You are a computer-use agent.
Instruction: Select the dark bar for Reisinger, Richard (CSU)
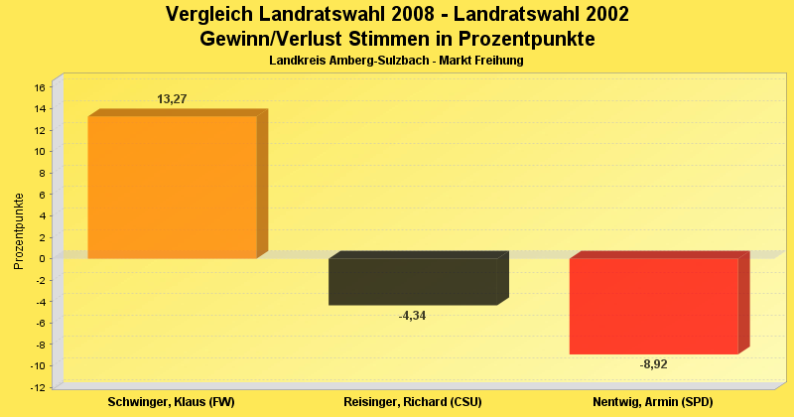click(413, 281)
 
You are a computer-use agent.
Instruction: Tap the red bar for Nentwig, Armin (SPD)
click(653, 306)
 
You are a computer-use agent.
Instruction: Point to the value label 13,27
click(172, 99)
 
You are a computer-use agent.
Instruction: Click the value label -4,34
click(412, 316)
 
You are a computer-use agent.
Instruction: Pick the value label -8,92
click(653, 364)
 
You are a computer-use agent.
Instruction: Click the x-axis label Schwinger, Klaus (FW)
click(171, 401)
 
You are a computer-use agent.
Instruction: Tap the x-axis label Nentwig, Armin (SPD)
click(652, 401)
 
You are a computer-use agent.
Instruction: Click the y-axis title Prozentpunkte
click(19, 231)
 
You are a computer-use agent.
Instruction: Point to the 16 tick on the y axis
click(41, 87)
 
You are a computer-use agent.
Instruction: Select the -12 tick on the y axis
click(39, 386)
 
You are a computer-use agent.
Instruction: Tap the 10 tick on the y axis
click(41, 152)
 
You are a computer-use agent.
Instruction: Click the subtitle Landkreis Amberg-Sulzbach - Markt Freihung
click(396, 61)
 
